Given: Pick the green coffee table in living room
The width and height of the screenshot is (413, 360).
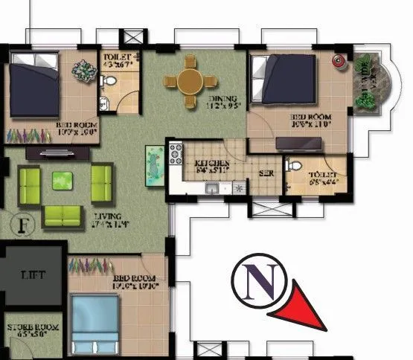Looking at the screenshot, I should coord(63,179).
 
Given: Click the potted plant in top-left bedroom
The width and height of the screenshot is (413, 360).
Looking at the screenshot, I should coord(81,70).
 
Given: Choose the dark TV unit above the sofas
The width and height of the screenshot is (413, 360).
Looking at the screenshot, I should coord(58,152).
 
